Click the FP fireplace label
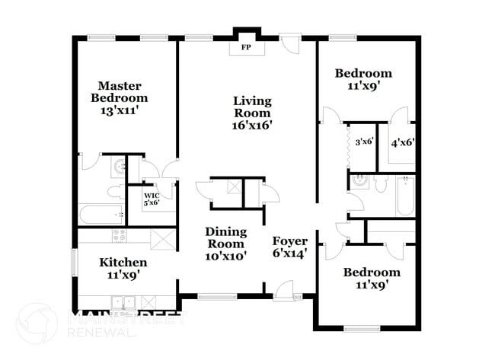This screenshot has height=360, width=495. point(246,47)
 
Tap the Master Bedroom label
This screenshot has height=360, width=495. point(119,91)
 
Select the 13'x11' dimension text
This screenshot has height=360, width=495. point(119,110)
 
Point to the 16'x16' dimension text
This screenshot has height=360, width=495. point(252,126)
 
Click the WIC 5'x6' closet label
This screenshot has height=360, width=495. point(152,199)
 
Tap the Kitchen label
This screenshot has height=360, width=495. point(123,263)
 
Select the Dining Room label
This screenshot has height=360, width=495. point(225,237)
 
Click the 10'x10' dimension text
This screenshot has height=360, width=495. point(225,256)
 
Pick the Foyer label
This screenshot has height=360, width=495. point(290,241)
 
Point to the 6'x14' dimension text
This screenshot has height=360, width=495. point(290,256)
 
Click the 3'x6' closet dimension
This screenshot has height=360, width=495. point(362,142)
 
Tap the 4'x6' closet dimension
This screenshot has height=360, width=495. point(402,142)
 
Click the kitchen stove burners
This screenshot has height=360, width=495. point(119,235)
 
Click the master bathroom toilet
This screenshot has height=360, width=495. point(115,190)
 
